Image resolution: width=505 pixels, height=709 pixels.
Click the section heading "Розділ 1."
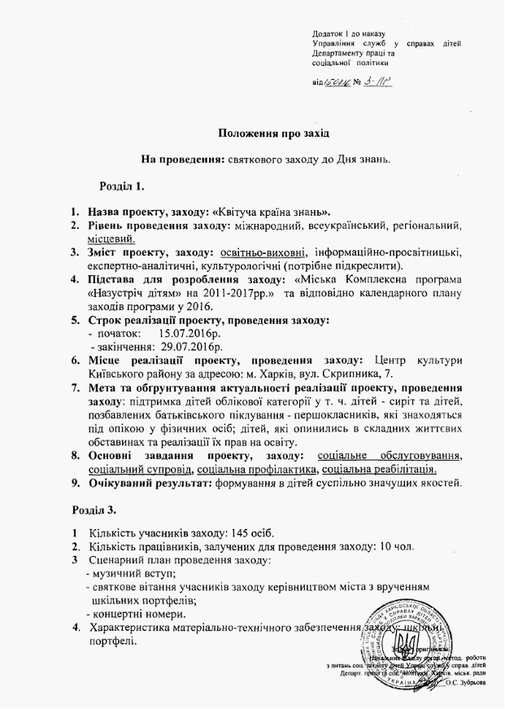[121, 188]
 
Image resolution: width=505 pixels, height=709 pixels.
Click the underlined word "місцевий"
[111, 238]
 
